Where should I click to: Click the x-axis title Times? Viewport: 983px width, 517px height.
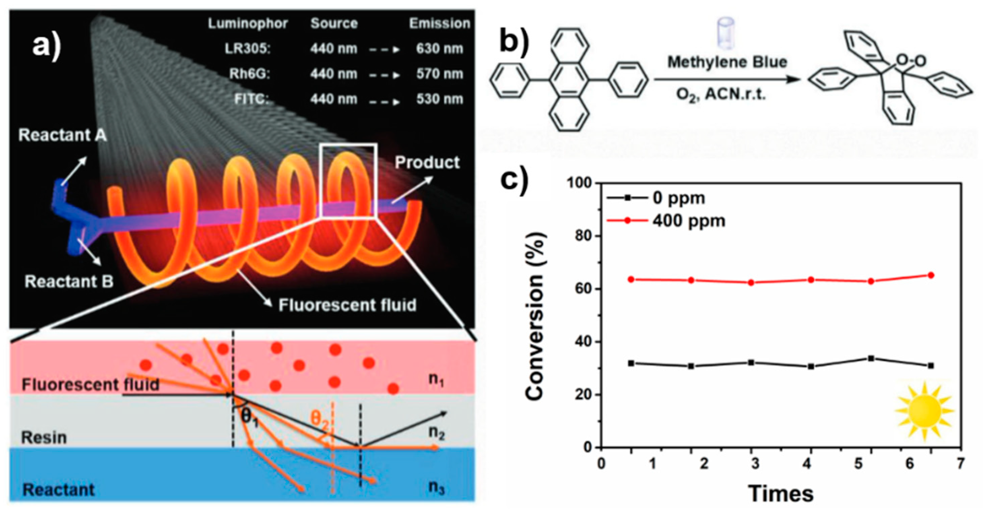[780, 494]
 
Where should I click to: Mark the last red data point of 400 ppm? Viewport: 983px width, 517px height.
[931, 275]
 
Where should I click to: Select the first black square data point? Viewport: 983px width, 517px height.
[631, 363]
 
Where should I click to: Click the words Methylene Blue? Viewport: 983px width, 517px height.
[727, 62]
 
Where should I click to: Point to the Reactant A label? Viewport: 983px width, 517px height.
[62, 135]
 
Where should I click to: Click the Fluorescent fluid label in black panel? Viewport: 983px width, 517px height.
[347, 305]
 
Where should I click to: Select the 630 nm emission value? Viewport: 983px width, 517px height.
[439, 49]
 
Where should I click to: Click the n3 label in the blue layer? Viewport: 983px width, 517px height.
[436, 487]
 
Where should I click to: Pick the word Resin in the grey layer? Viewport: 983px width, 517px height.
[43, 438]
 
